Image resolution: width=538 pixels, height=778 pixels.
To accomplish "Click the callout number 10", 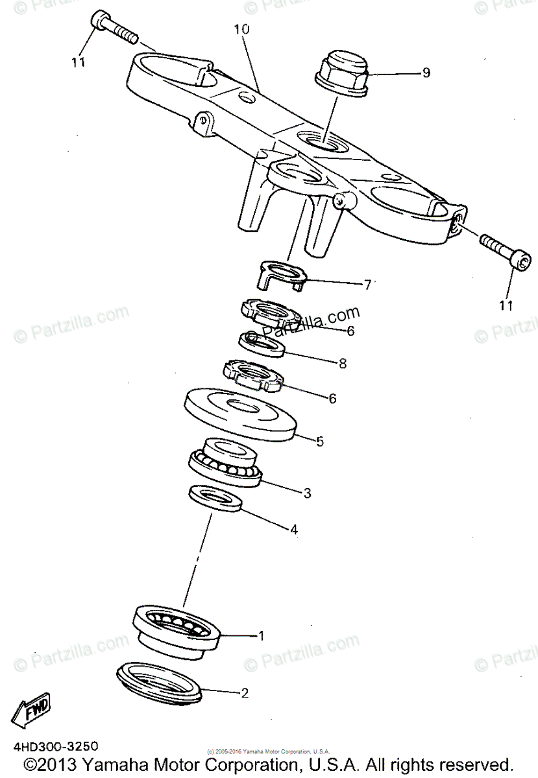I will click(x=241, y=30).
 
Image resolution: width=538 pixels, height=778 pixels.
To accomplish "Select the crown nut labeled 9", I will click(x=341, y=72).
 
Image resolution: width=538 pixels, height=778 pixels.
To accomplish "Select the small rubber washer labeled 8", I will click(x=263, y=345).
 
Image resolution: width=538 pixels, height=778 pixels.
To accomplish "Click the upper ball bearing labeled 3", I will click(x=225, y=462).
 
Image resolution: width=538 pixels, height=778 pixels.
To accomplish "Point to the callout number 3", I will click(x=307, y=493).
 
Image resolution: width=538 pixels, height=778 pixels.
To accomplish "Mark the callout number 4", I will click(x=293, y=529).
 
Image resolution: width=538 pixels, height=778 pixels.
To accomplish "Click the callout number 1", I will click(x=261, y=636).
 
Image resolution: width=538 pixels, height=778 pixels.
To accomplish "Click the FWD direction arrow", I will click(x=33, y=713).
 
